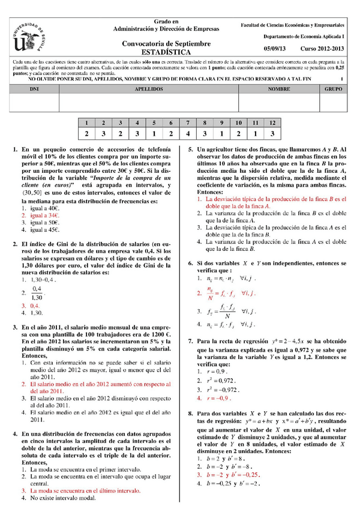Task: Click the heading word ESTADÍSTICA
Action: [166, 52]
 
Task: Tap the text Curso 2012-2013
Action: [323, 49]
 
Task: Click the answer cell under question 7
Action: [188, 134]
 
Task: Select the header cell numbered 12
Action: [272, 122]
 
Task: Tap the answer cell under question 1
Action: [87, 134]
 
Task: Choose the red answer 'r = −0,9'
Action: [219, 397]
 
